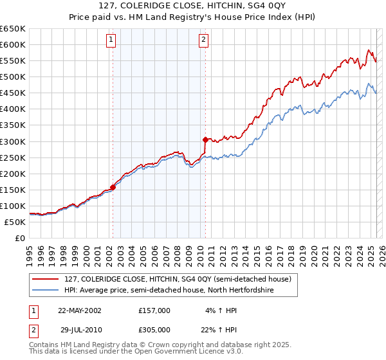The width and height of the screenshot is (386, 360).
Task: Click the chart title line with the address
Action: pos(193,7)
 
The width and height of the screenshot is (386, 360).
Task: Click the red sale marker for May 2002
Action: pos(113,187)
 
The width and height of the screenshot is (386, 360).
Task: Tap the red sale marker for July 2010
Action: pos(205,139)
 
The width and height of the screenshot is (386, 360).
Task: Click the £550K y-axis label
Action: pos(13,60)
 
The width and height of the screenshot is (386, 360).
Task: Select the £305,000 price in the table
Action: pos(154,329)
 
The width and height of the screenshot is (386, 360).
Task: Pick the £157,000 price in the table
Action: pos(154,310)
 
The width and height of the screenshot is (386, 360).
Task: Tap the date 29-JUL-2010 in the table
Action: pos(80,329)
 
